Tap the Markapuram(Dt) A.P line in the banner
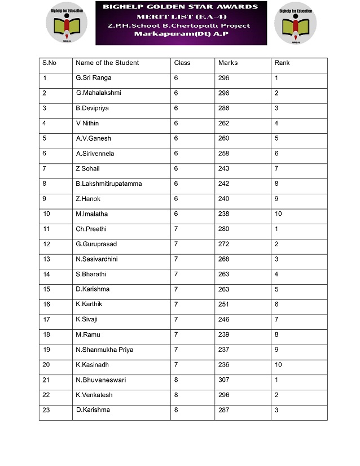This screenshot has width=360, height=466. (181, 35)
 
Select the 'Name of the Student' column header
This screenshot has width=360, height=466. (107, 63)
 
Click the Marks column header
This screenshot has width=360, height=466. (227, 63)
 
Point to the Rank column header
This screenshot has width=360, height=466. (282, 63)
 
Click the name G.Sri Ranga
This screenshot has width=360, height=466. (94, 78)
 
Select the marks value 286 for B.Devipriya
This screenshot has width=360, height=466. (223, 108)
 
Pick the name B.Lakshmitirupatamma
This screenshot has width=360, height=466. (109, 184)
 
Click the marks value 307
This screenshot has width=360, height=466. (223, 380)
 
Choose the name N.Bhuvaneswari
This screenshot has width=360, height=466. (101, 380)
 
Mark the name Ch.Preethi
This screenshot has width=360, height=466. (91, 229)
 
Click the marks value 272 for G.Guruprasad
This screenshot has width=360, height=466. (223, 244)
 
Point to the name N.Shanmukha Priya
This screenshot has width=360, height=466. (104, 350)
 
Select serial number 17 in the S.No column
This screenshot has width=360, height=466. (46, 319)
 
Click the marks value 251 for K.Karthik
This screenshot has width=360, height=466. (223, 304)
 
